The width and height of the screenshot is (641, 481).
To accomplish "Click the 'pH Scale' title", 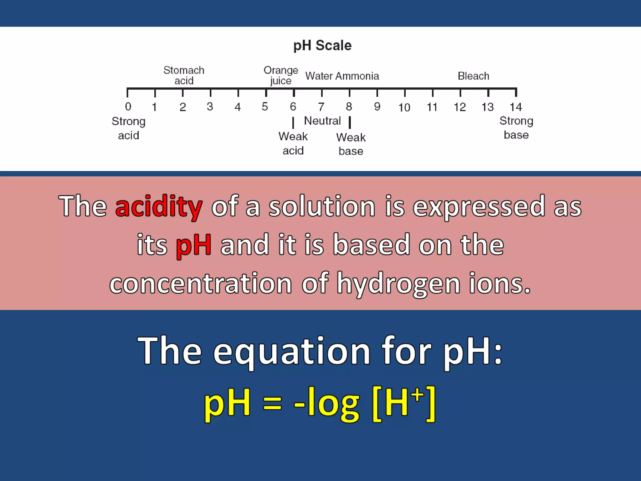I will tap(322, 46).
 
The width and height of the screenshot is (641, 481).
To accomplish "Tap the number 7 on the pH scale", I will tap(321, 107).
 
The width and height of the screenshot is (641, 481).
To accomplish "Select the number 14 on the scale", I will tap(515, 107).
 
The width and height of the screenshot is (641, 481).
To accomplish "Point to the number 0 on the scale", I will tap(128, 107).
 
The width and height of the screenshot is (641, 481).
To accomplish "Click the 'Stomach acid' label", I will tap(184, 75).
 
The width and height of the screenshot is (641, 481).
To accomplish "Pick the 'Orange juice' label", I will tap(281, 75).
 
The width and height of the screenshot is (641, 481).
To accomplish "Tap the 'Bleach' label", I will tap(473, 76).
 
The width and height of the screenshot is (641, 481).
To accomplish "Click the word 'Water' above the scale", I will tap(319, 76).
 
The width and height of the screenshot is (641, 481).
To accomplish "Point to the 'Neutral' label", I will tap(322, 121).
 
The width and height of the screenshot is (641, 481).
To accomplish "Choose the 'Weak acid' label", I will tap(293, 143).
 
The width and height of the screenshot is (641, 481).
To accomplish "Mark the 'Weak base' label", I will tap(351, 144).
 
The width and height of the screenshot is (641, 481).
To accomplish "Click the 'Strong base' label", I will tap(516, 128).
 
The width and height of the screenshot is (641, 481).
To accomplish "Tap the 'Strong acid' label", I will tap(129, 128).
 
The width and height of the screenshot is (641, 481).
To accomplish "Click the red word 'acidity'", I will tap(159, 206).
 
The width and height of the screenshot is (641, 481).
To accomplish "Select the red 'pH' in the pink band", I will tap(193, 245).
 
